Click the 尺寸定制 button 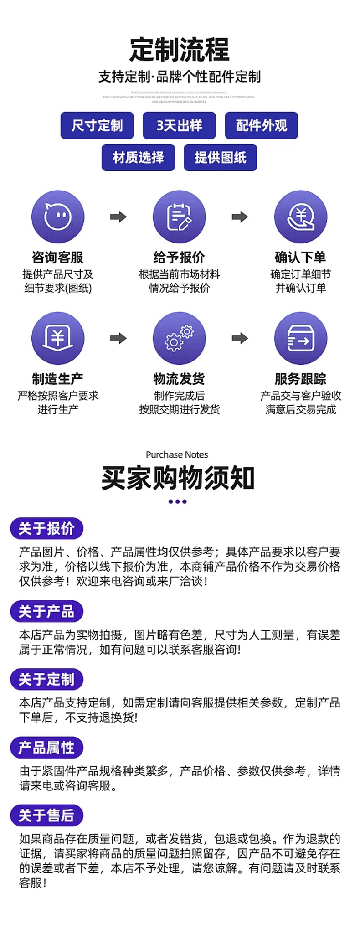(x=97, y=125)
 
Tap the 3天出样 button (x=179, y=125)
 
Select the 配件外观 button (x=261, y=125)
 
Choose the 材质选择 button (x=138, y=157)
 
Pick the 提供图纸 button (x=220, y=157)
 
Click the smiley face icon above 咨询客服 (x=58, y=217)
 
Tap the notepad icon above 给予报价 (x=179, y=217)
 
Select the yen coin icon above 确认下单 (x=301, y=217)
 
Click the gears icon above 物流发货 (x=179, y=338)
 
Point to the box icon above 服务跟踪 (x=301, y=338)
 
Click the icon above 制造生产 (x=58, y=338)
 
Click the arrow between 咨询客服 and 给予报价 (x=118, y=217)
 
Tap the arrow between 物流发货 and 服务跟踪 (x=240, y=338)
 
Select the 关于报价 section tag (x=46, y=529)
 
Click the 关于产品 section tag (x=46, y=612)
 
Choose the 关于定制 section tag (x=46, y=680)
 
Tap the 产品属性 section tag (x=46, y=748)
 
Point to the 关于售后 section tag (x=46, y=815)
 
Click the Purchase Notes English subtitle (x=177, y=454)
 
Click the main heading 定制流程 (x=180, y=49)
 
